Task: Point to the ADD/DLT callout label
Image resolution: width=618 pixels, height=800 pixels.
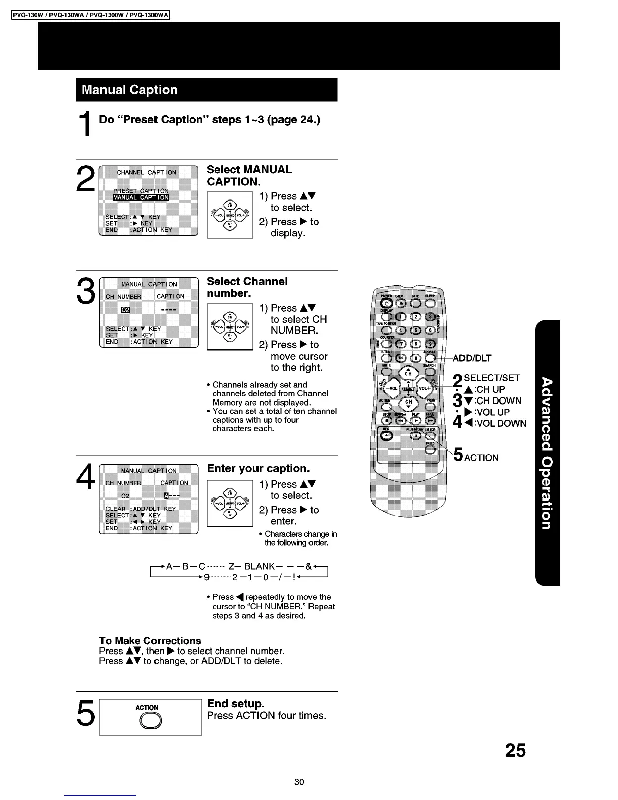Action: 472,358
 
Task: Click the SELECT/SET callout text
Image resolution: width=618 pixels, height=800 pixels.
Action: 491,378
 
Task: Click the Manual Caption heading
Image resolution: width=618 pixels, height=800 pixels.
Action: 130,90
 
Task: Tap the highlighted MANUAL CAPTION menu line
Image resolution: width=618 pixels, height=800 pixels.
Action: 140,197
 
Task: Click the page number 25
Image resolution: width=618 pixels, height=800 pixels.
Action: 515,751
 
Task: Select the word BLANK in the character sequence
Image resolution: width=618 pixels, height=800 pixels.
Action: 260,566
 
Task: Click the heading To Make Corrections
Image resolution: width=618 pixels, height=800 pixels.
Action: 150,641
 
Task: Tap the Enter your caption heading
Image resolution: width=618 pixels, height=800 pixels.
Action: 258,468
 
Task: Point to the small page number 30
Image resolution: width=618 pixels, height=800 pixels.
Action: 299,782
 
